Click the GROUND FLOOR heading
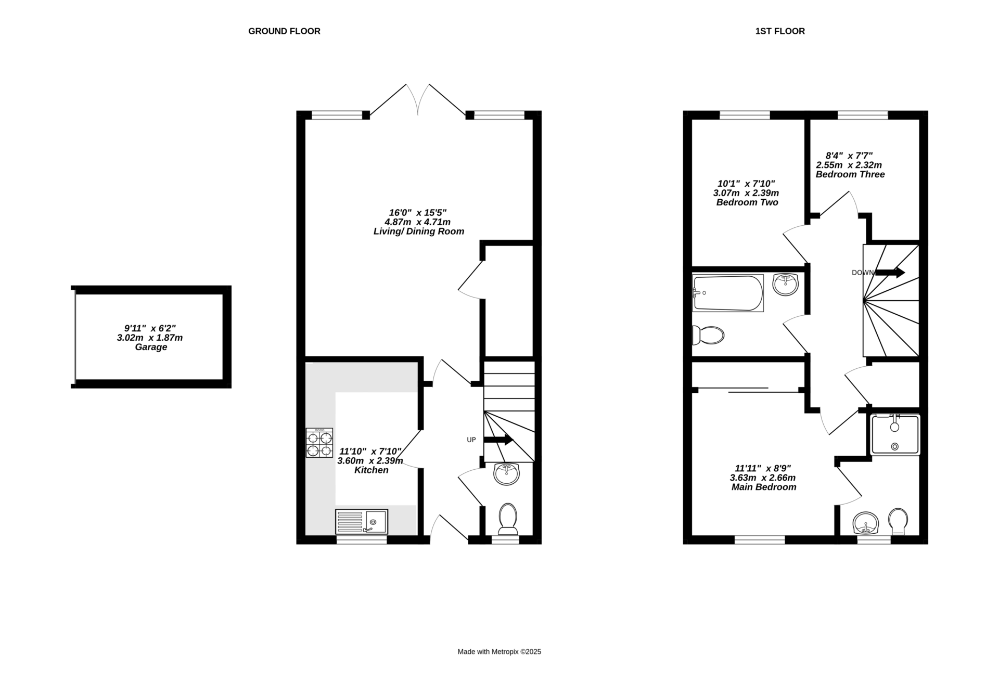(284, 31)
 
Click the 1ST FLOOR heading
(780, 31)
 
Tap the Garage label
(151, 347)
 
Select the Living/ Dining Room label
(419, 231)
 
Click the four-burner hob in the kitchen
(319, 443)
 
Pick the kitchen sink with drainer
(362, 521)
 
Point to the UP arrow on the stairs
(498, 440)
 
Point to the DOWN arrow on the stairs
(890, 272)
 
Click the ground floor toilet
(508, 519)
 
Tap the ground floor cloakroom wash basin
(506, 474)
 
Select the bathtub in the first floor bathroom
(728, 293)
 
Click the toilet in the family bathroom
(708, 335)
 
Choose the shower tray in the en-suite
(895, 434)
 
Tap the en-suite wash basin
(866, 523)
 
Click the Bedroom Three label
(850, 175)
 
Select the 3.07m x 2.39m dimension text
(746, 193)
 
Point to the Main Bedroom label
(764, 487)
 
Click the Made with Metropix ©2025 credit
(499, 652)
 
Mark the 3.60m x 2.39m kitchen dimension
(370, 461)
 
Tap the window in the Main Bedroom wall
(760, 540)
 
